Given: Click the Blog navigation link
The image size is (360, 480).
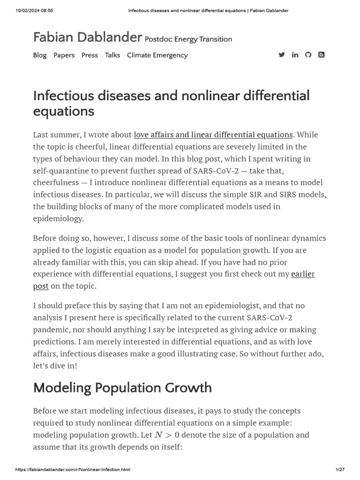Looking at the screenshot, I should pos(40,55).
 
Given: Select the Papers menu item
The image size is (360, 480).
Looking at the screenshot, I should pos(64,55).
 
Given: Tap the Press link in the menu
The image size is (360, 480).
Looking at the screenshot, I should pos(90,55).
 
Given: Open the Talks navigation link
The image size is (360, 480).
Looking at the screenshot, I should pos(112,55).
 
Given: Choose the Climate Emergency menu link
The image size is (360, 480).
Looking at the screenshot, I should pos(157,55).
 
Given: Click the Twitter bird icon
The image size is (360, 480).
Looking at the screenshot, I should pos(282,55).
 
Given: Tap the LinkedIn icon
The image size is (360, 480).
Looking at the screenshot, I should pos(295,55).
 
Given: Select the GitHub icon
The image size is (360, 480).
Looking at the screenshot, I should pos(308,55).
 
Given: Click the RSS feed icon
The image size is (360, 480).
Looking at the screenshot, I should pos(321,55).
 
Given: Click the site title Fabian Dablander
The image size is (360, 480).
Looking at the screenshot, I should pos(87,37).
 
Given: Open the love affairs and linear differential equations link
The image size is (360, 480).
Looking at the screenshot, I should pos(213,135).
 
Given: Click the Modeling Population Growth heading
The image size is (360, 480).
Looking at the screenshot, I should pos(122,388).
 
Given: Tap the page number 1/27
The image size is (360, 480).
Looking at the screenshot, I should pos(340,470).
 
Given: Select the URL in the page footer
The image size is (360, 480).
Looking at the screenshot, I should pos(73,470).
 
